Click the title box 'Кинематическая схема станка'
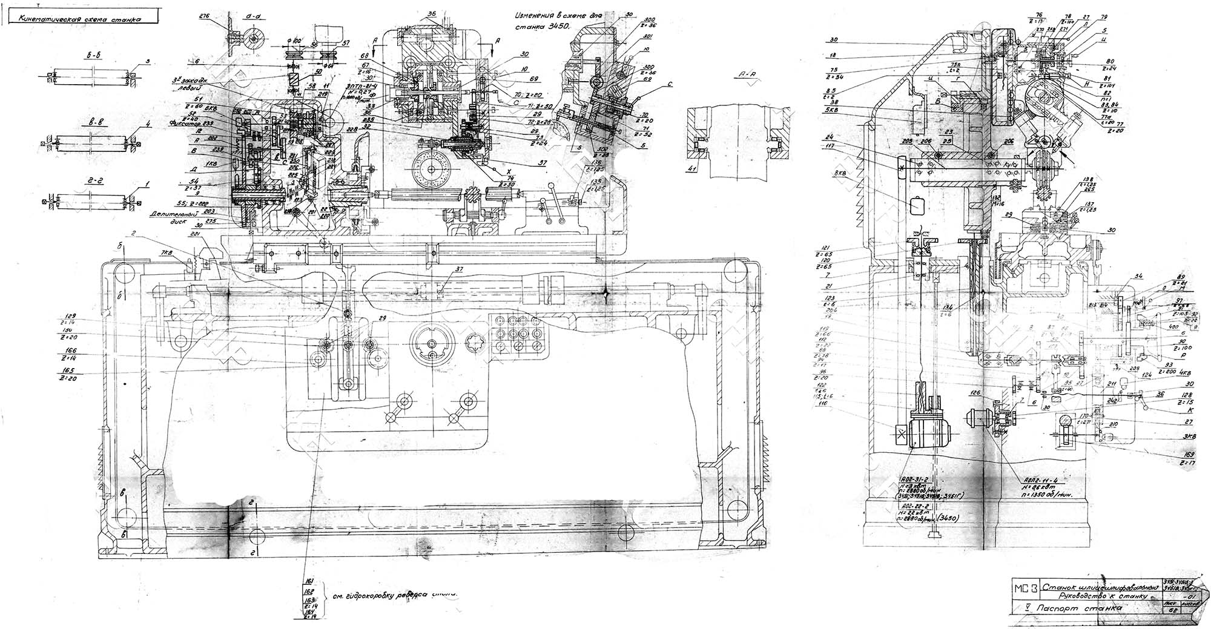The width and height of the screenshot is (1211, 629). coord(81,18)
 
